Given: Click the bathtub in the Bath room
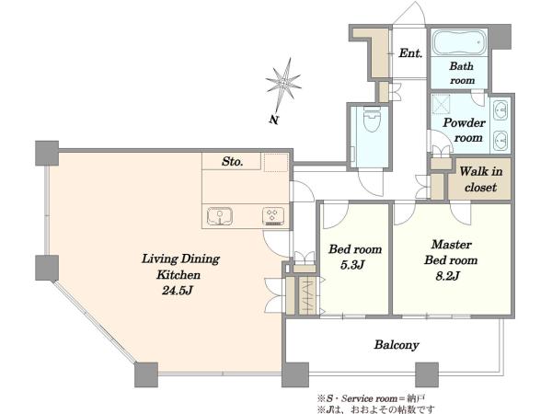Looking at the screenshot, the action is click(x=459, y=43).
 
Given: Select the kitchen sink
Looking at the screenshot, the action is click(x=220, y=216).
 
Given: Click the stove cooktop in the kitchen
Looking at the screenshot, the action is click(x=273, y=216).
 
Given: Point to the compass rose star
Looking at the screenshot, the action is click(x=283, y=85).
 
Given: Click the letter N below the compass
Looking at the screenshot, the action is click(x=274, y=120).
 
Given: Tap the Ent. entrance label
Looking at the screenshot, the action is click(x=410, y=53).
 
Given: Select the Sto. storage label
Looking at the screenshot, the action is click(x=233, y=162).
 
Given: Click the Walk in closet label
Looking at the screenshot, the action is click(x=480, y=179).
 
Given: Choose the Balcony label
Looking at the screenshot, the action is click(x=397, y=345).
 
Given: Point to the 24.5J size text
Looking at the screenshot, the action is click(x=178, y=291).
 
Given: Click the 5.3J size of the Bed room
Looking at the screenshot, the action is click(x=352, y=265).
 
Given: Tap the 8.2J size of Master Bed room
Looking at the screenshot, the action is click(x=447, y=276).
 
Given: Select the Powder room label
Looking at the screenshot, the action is click(x=464, y=130).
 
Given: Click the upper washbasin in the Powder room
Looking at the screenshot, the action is click(x=500, y=110).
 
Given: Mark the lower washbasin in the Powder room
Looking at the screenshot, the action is click(x=500, y=141).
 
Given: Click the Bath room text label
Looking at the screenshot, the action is click(x=462, y=73).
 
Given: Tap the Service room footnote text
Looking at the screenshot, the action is click(x=372, y=399).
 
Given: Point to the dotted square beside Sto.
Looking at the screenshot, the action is click(x=276, y=162).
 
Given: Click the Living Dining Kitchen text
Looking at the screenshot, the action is click(x=180, y=267).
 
